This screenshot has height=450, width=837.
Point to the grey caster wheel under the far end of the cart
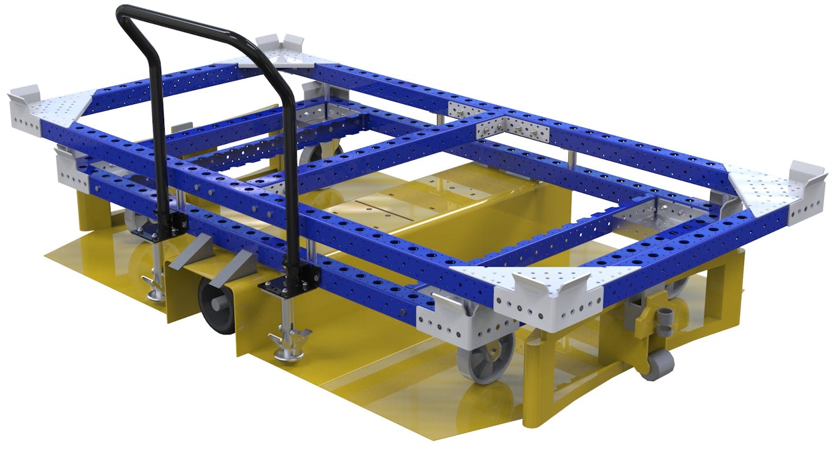(x=317, y=156)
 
